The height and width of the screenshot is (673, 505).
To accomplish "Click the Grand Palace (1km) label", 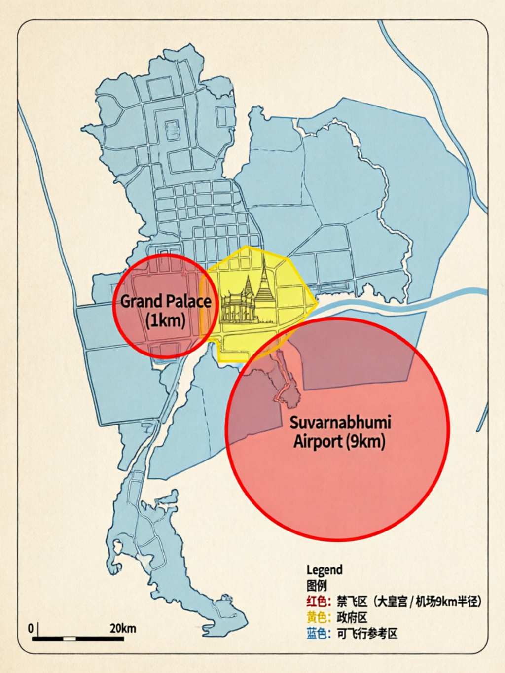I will (x=166, y=310).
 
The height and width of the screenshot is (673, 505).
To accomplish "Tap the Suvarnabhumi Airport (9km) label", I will (x=340, y=431).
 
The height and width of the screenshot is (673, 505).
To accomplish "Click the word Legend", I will (x=324, y=570).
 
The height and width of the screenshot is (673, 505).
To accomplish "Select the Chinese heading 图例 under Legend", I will (x=316, y=585).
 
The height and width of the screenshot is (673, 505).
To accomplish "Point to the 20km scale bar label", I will (x=122, y=628).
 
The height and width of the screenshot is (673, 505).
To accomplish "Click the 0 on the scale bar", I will (x=31, y=628).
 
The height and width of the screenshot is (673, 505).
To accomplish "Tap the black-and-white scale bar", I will (x=78, y=638).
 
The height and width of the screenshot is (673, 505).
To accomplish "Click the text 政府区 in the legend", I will (x=352, y=617).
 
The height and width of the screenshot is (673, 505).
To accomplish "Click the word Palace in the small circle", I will (x=189, y=301).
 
